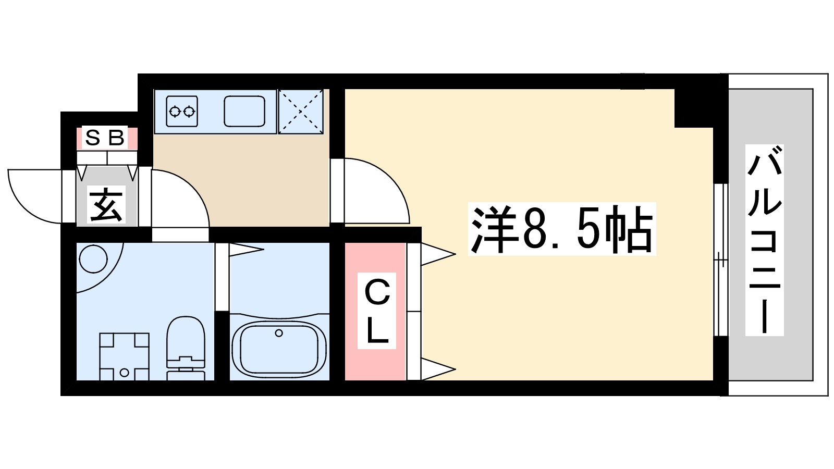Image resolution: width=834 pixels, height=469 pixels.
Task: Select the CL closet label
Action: click(376, 311)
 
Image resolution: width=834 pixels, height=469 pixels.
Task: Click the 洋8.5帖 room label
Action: click(562, 229)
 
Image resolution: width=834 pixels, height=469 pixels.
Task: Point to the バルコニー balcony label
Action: click(764, 240)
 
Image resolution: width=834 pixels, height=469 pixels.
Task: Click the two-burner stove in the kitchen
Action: click(182, 111)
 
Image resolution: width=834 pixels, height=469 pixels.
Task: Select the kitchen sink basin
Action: click(244, 111)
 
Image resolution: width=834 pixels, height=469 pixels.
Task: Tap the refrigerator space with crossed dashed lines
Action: click(301, 112)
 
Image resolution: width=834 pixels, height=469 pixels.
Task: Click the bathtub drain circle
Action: click(279, 333)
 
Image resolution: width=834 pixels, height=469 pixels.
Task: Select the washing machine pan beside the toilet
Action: click(124, 356)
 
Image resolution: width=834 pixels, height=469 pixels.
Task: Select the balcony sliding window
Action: click(720, 260)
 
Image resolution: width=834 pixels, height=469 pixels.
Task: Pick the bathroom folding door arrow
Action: click(245, 250)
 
